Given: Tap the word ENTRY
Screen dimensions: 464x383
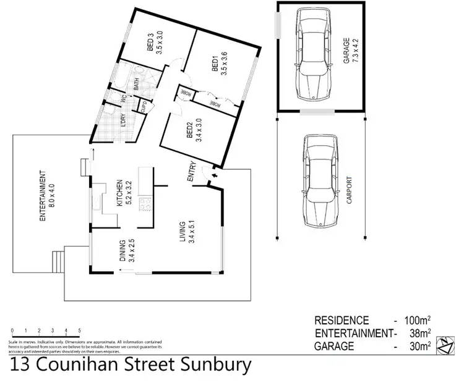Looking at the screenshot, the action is tap(192, 171).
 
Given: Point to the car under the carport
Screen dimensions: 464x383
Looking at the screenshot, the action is tap(319, 181).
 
